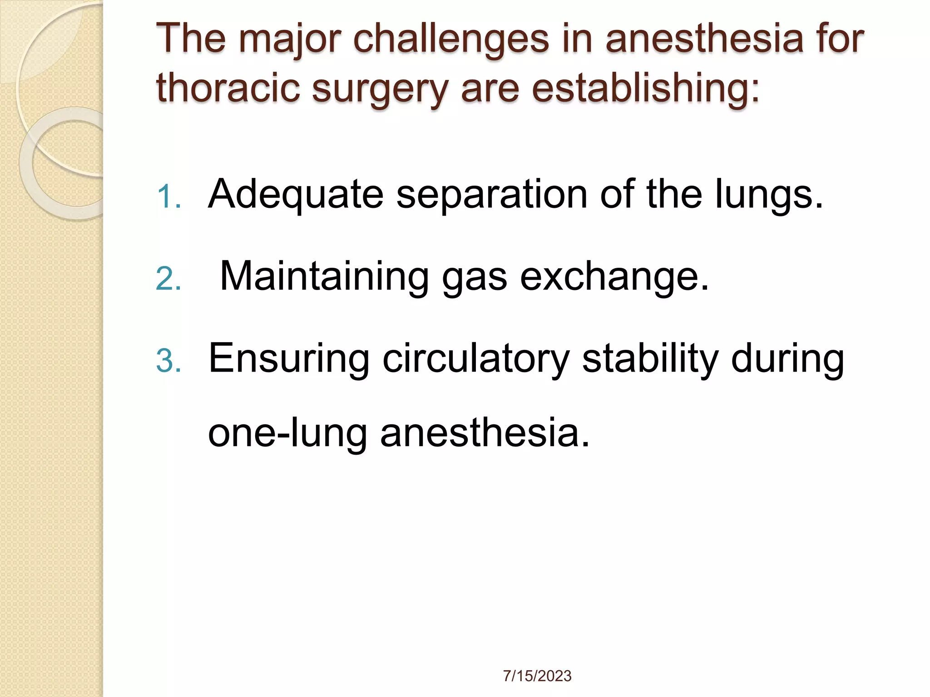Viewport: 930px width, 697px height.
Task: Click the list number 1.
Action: point(168,198)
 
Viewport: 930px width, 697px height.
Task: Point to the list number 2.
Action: point(168,280)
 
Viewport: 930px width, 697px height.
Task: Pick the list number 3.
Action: point(168,362)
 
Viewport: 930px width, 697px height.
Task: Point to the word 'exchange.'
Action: point(614,277)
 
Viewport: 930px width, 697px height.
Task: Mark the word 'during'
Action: point(788,359)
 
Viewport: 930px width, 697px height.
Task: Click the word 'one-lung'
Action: point(287,433)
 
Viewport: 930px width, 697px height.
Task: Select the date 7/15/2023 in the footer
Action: point(537,676)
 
